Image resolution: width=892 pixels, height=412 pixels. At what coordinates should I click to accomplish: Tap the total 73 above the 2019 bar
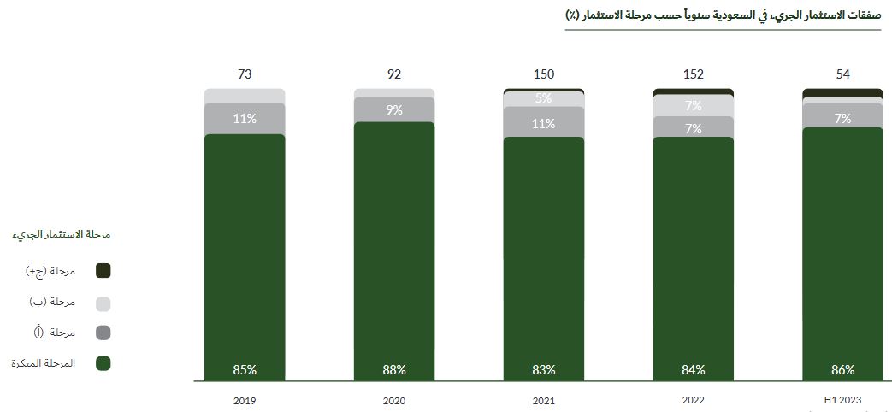tap(245, 74)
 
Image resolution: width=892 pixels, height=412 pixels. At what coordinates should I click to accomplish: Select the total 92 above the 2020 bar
tap(394, 74)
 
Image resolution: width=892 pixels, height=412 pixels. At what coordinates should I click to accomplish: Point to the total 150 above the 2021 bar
tap(544, 74)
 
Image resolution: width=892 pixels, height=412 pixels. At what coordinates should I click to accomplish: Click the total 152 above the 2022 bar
tap(694, 74)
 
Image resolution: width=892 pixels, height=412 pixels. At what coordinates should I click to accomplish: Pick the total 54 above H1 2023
tap(843, 74)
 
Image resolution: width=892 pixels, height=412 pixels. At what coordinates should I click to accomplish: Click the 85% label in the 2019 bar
tap(245, 370)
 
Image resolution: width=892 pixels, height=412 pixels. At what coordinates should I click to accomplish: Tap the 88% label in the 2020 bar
tap(394, 370)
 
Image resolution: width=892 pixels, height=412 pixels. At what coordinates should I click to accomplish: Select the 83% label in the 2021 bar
tap(544, 370)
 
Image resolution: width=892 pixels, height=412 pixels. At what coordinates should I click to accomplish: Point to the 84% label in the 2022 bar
tap(694, 370)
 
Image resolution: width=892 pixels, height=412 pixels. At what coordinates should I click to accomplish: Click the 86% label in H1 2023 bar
tap(843, 370)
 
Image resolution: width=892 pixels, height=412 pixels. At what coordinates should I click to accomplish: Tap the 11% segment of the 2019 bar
tap(245, 119)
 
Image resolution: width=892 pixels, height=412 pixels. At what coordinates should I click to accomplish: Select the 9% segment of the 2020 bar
tap(394, 109)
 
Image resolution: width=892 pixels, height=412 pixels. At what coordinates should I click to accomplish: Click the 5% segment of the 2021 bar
tap(544, 98)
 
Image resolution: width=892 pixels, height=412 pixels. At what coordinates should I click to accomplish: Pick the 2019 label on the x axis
tap(245, 400)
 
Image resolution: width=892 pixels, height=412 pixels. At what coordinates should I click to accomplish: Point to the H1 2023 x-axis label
tap(843, 400)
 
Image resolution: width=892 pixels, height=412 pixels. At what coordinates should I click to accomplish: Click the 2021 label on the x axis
tap(544, 400)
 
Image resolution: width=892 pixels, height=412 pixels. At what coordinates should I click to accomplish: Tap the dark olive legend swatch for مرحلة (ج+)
tap(103, 271)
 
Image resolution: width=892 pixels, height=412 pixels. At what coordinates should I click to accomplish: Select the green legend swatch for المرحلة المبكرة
tap(103, 363)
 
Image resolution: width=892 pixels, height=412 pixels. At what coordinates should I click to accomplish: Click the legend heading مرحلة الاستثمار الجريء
tap(63, 234)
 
